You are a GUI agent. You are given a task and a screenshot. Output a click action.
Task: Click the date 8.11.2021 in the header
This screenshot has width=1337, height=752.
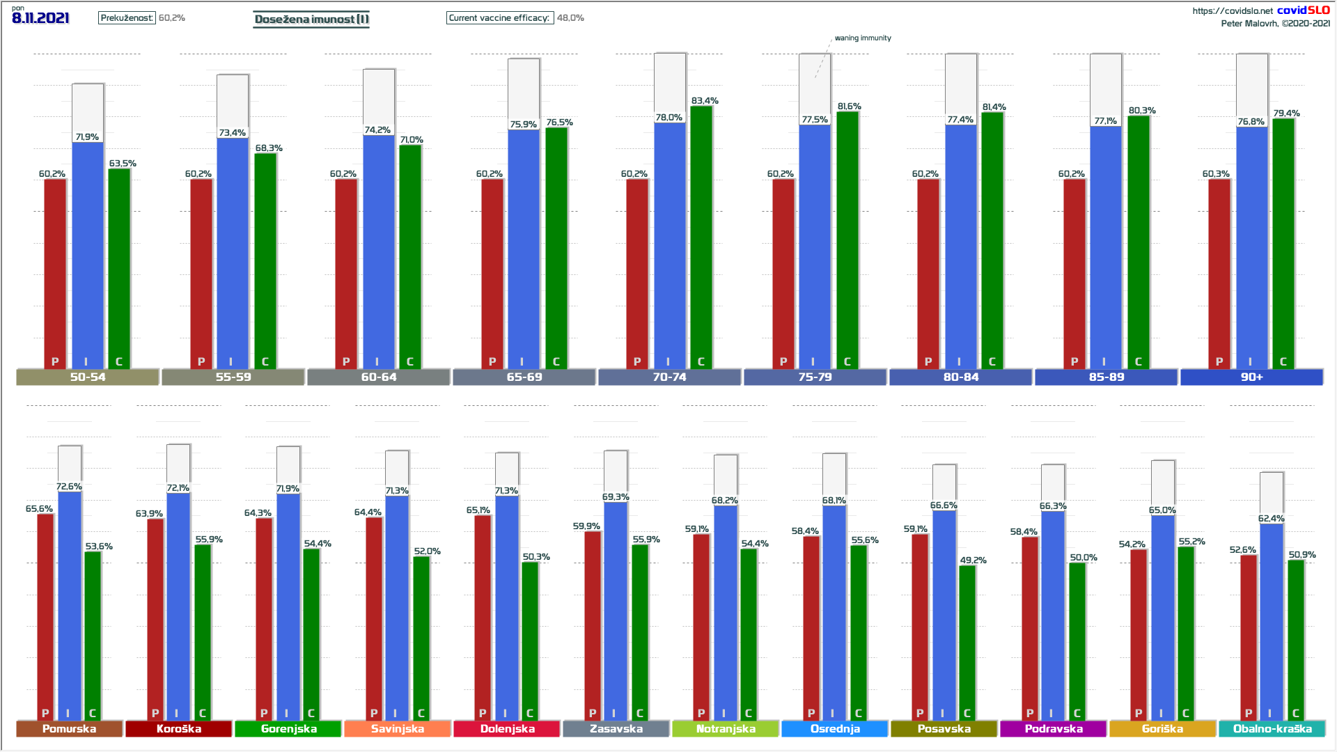40,18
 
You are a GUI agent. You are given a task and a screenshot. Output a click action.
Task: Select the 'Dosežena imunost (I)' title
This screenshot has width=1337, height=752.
311,19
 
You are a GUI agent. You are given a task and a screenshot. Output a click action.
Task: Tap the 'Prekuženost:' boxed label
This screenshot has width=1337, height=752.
127,18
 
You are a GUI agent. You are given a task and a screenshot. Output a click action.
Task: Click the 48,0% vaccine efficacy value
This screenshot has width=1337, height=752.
570,18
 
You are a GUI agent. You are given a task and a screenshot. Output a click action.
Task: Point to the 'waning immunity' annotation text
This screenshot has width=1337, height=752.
863,38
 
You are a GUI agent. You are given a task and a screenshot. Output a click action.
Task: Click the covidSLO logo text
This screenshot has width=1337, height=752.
1303,10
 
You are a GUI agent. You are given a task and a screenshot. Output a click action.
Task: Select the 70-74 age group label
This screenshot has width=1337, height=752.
669,377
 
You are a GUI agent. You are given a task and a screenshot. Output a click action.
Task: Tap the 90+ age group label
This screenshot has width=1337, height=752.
1251,377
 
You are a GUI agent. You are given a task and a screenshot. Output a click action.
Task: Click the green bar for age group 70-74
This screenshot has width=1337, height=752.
701,237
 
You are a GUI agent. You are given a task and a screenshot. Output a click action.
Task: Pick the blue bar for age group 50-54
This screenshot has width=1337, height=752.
88,254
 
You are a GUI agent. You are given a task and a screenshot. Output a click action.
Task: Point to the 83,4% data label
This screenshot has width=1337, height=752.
705,101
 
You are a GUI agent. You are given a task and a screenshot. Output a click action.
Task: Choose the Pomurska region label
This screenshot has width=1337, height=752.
69,728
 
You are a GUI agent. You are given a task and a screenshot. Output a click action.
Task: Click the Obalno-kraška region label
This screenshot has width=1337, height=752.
1272,728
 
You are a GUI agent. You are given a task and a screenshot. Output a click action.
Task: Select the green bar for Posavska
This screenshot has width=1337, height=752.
967,641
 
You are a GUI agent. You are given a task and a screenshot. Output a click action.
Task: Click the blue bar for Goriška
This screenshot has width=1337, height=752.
1162,616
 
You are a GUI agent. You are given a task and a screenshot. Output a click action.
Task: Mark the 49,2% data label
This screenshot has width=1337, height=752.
973,560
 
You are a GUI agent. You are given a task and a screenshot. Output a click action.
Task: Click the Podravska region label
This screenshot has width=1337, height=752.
1054,728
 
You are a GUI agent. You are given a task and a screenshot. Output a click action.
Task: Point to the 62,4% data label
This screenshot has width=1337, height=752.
1271,519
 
